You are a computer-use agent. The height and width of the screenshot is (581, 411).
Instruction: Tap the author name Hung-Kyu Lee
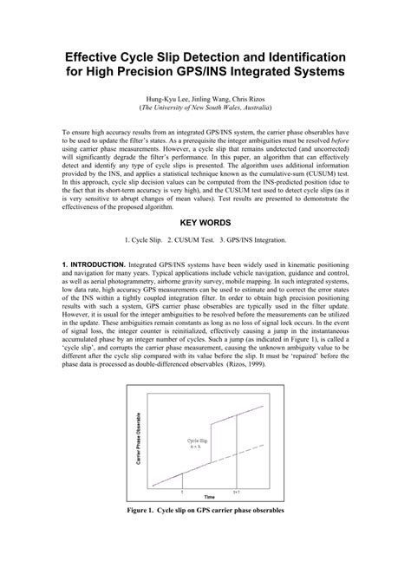click(x=169, y=101)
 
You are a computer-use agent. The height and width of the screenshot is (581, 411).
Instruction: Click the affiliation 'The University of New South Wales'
click(x=200, y=110)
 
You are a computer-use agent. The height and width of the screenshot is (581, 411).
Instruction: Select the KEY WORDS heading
click(x=205, y=222)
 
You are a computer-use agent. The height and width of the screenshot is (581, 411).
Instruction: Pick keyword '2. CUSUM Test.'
click(x=199, y=239)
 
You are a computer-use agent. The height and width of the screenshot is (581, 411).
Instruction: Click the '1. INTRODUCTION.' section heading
click(x=94, y=262)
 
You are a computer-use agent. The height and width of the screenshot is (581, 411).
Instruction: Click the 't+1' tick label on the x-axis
click(x=237, y=491)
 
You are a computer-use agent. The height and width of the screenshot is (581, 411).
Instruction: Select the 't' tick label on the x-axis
click(x=182, y=491)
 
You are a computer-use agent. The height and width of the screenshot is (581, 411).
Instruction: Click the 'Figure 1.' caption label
click(x=148, y=510)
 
